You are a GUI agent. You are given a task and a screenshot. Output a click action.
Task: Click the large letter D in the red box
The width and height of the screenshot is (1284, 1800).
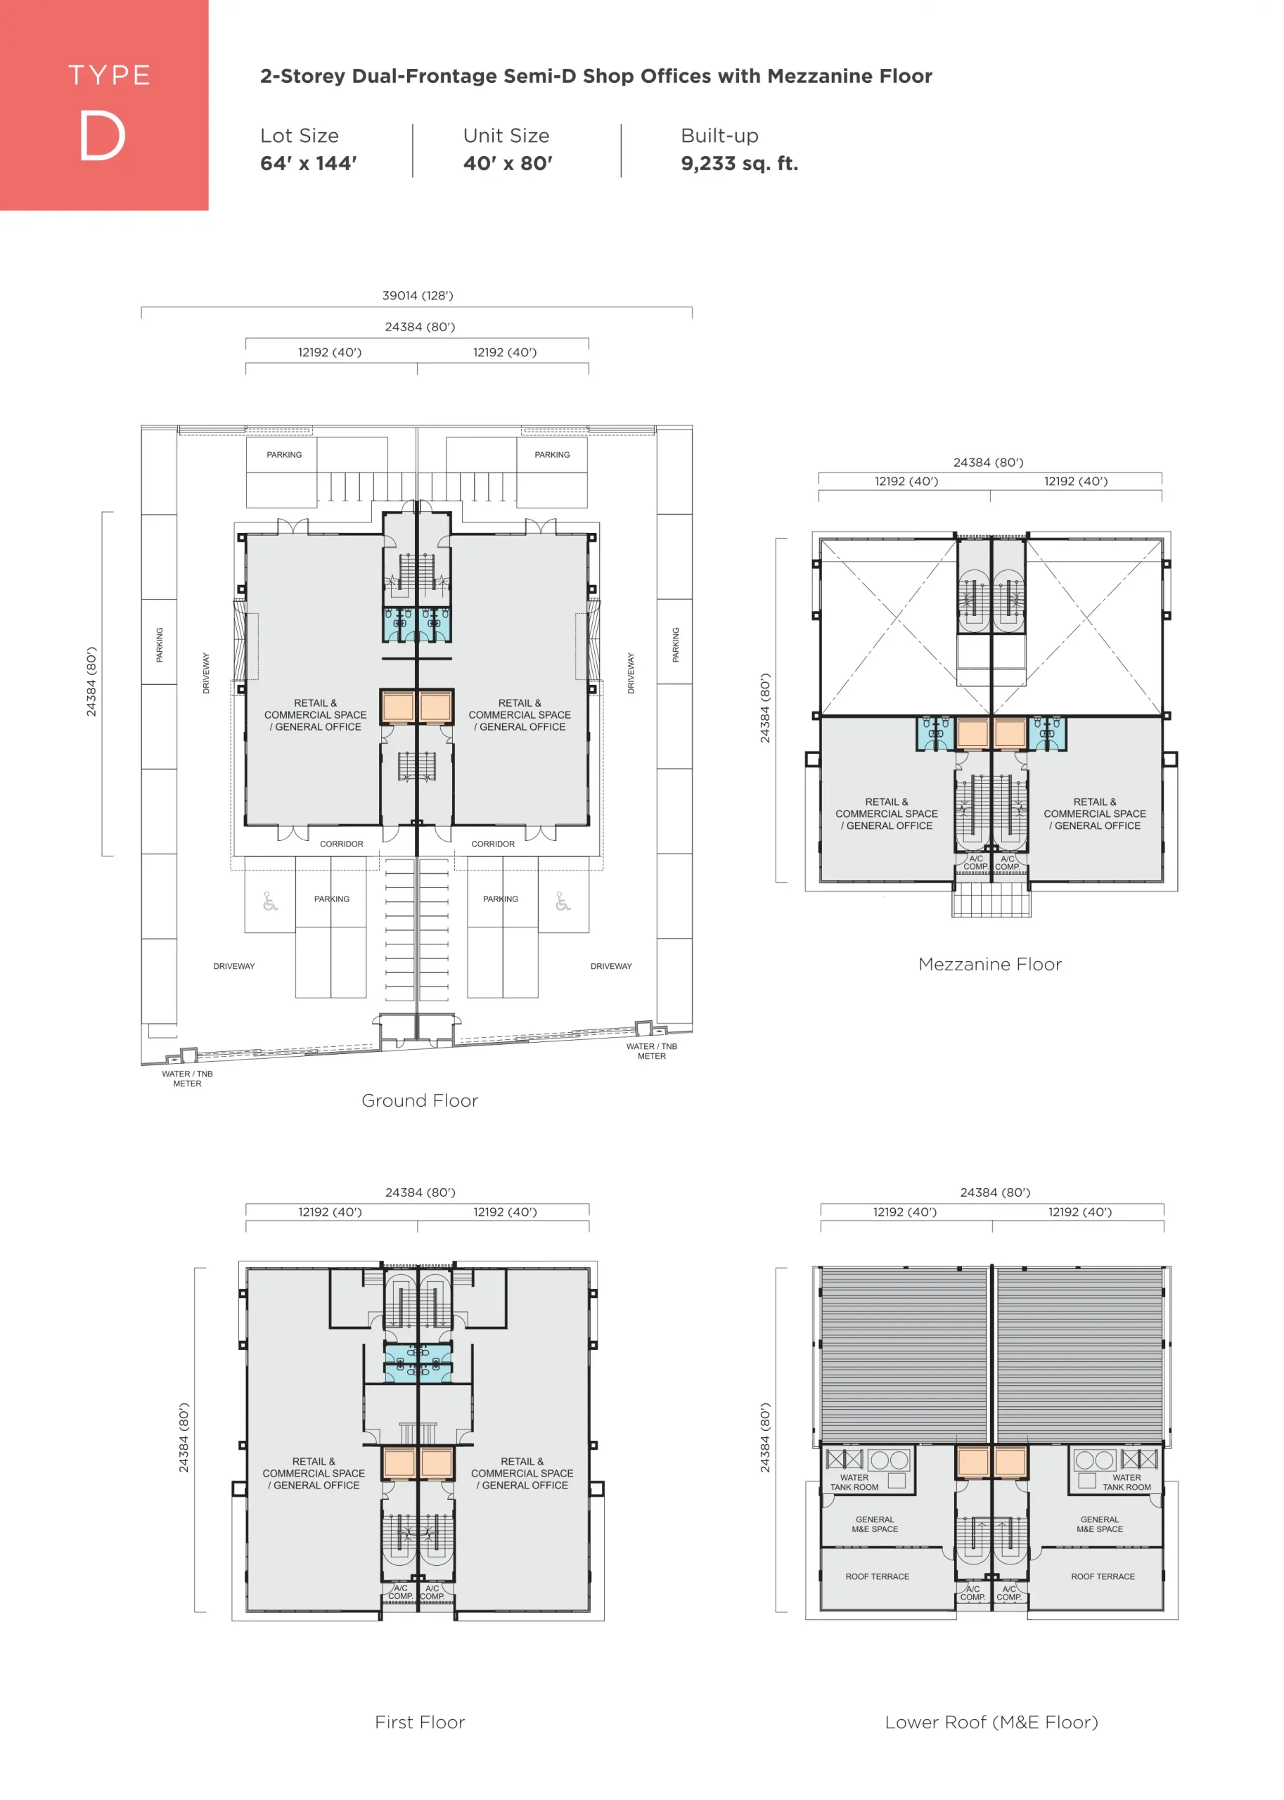point(102,135)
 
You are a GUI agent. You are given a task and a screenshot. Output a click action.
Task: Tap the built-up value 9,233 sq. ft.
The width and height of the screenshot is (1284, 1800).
point(739,164)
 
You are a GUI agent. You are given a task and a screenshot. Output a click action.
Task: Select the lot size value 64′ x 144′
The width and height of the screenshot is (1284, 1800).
point(309,164)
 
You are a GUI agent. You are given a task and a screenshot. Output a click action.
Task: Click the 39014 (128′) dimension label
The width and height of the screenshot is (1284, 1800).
point(418,295)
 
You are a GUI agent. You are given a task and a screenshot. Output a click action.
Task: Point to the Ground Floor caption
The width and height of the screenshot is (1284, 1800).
point(420,1100)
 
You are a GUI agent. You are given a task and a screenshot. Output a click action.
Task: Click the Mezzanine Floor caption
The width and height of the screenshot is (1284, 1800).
point(990,965)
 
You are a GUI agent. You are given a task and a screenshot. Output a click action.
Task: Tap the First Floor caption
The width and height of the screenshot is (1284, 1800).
point(420,1722)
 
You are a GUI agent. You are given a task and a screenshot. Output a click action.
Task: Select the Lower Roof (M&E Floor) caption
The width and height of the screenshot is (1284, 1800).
point(991,1722)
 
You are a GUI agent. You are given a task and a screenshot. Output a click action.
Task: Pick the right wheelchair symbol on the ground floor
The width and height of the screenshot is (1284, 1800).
point(563,901)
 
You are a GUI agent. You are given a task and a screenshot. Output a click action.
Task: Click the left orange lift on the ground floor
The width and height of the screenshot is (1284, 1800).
point(399,706)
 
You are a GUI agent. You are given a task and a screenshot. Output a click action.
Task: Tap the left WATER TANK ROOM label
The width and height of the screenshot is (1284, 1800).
point(854,1482)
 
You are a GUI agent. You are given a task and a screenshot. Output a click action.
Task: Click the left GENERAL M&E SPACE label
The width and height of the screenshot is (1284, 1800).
point(875,1524)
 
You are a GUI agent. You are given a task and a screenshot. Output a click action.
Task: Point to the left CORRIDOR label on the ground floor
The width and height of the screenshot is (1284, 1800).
point(342,844)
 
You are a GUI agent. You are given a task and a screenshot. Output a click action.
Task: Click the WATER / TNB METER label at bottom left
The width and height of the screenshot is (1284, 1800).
point(187,1079)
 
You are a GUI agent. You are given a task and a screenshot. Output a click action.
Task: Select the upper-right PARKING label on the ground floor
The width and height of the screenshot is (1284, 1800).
point(552,454)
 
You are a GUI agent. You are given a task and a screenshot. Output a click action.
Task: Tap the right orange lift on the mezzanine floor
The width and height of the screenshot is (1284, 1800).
point(1010,733)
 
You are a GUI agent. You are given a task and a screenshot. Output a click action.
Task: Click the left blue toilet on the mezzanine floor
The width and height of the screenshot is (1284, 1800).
point(936,733)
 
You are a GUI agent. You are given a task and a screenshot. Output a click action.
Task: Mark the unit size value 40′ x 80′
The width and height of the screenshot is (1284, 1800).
point(508,164)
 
